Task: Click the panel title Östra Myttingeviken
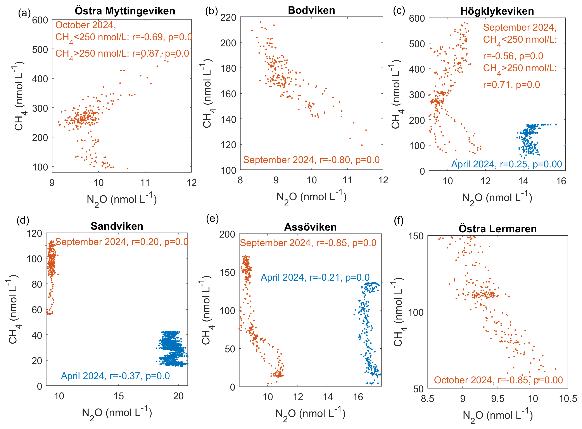pos(125,11)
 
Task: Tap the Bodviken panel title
pos(311,10)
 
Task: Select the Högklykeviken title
pos(497,11)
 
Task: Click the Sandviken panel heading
pos(117,226)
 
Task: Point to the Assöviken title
pos(310,227)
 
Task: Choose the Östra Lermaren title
pos(498,229)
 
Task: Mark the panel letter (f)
pos(399,221)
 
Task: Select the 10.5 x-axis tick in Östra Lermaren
pos(568,399)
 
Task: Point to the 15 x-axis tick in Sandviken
pos(119,396)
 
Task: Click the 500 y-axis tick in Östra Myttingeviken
pos(40,49)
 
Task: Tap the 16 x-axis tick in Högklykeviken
pos(561,181)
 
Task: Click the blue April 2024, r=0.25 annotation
pos(506,164)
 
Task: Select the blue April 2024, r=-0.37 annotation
pos(115,376)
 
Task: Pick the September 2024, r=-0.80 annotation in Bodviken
pos(311,160)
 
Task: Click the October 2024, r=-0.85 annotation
pos(498,380)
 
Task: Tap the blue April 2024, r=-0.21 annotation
pos(315,277)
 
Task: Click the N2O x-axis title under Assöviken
pos(310,413)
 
